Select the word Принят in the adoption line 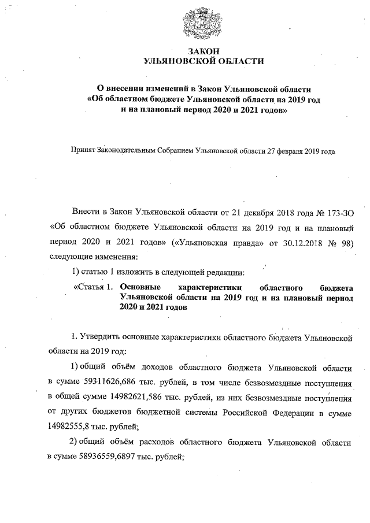point(82,151)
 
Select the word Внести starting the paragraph point(86,214)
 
